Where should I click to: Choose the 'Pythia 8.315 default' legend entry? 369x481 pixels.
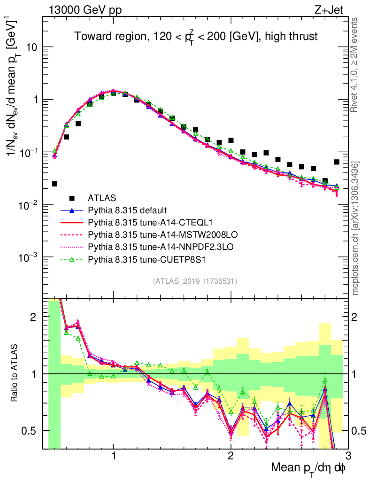tap(128, 209)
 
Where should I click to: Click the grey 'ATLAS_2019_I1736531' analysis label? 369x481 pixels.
tap(195, 282)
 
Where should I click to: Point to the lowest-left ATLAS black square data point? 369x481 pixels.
tap(54, 184)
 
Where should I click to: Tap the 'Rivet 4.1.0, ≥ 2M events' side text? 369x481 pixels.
tap(355, 65)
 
